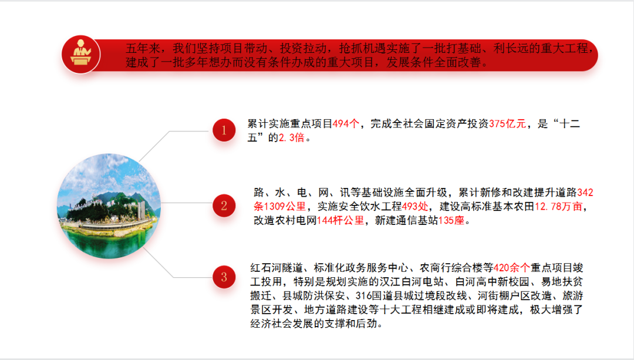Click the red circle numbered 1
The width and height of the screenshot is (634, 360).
tap(224, 130)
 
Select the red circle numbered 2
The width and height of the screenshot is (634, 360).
tap(224, 206)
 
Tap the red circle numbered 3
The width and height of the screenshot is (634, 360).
tap(224, 277)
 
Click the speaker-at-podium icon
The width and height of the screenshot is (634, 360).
tap(81, 54)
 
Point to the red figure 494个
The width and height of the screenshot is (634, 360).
tap(346, 124)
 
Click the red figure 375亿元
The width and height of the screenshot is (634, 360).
tap(507, 124)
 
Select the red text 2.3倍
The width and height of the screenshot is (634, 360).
tap(291, 137)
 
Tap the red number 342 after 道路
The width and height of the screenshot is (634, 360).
tap(585, 193)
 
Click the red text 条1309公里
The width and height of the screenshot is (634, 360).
tap(279, 206)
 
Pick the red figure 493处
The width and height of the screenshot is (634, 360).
tap(415, 206)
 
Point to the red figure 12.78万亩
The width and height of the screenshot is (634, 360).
tap(558, 206)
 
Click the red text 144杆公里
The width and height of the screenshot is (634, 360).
tap(340, 220)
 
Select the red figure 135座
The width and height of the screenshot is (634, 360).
tap(451, 220)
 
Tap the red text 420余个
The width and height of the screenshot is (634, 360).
tap(511, 268)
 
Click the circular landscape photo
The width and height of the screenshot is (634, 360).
tap(109, 206)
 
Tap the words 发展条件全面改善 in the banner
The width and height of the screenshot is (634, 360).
tap(433, 62)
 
